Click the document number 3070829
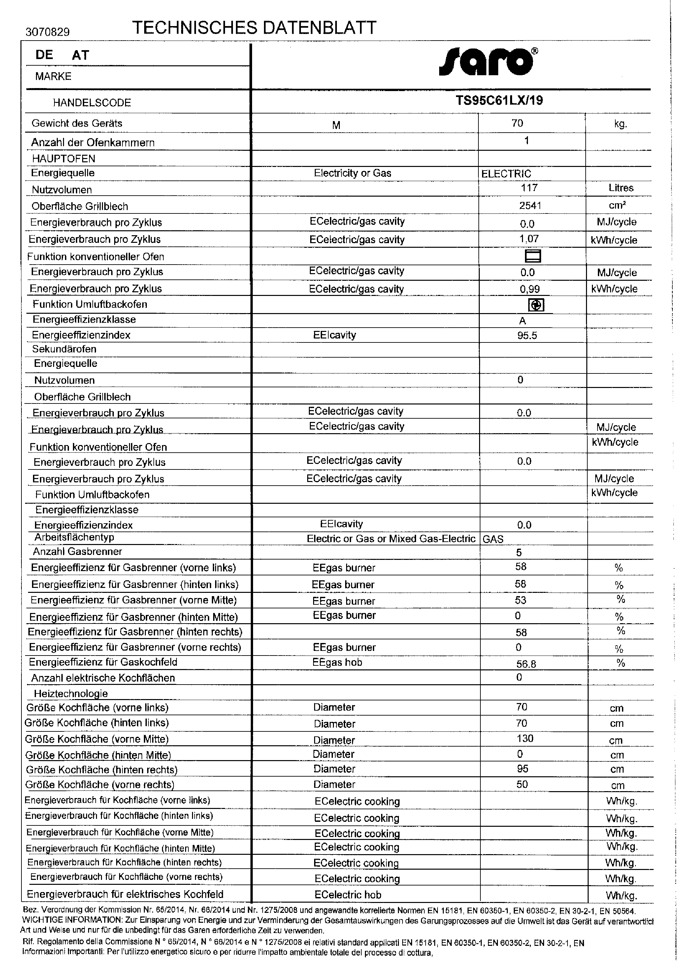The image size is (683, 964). pos(48,32)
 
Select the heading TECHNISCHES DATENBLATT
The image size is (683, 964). pos(254,28)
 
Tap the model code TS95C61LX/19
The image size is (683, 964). pos(499,101)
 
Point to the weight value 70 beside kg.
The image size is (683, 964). pos(517,123)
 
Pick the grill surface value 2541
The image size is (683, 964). pos(530,205)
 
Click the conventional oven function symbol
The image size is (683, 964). pos(533,256)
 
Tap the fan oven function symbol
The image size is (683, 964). pos(536,305)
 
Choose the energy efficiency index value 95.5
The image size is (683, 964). pos(527,336)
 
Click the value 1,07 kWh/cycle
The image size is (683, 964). pos(529,239)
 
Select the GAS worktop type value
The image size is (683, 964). pos(493,539)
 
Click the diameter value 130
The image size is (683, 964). pos(525,739)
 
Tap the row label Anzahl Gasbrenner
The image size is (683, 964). pos(78,552)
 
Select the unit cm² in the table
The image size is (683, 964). pos(617,206)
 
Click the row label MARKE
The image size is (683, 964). pos(53,77)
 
